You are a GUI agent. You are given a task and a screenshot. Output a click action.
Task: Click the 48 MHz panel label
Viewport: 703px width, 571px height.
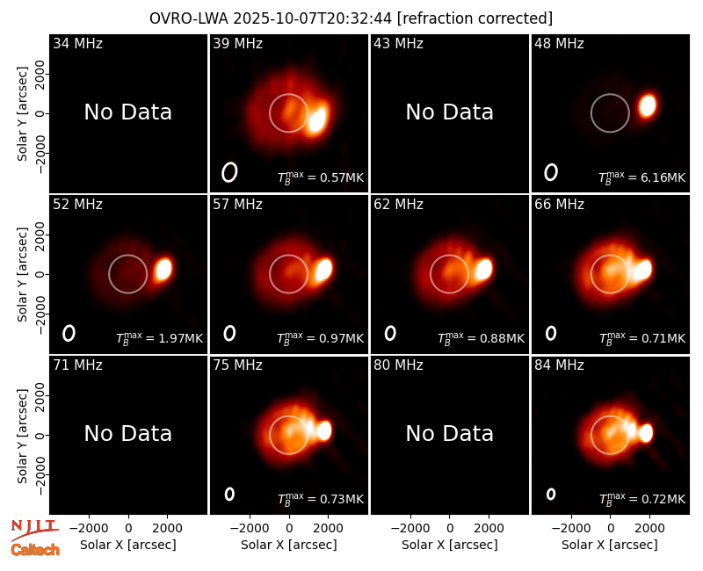click(x=559, y=43)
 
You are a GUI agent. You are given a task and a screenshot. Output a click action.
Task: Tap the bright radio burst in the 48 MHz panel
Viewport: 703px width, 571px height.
click(x=648, y=105)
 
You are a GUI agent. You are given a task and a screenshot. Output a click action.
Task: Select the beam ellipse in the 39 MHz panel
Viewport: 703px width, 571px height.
click(x=229, y=172)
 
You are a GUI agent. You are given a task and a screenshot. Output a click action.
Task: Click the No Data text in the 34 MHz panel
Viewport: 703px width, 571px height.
click(x=127, y=112)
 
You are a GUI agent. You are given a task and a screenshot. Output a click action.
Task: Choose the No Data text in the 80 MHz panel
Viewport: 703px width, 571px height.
click(x=450, y=434)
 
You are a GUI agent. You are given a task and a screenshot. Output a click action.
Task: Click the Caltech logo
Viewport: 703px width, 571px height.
click(x=35, y=550)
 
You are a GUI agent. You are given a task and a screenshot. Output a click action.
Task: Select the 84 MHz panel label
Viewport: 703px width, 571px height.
click(x=559, y=365)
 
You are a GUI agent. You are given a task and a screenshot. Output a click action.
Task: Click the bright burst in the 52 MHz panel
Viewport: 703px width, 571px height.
click(x=163, y=270)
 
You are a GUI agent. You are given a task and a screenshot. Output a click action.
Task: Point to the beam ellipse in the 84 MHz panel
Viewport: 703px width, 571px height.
click(x=551, y=494)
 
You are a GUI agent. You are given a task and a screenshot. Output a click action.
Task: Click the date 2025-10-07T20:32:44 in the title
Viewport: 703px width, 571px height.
click(x=313, y=18)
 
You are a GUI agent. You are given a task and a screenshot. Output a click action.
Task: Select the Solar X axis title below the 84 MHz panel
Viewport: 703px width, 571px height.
click(x=610, y=545)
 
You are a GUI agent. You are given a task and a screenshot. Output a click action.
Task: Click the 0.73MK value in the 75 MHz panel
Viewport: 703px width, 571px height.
click(x=342, y=499)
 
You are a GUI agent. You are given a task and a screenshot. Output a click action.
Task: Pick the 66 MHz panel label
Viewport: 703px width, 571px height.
click(x=559, y=205)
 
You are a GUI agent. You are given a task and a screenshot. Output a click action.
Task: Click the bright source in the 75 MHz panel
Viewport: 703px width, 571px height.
click(x=324, y=430)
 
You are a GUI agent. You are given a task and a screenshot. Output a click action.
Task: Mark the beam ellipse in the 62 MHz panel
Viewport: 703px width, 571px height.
click(x=390, y=333)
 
